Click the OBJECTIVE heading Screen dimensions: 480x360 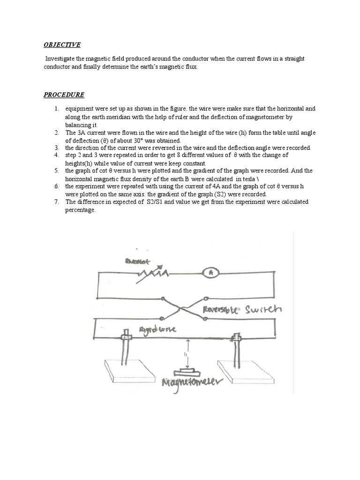[62, 45]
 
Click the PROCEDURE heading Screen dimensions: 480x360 [64, 95]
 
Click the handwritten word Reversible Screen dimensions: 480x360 [223, 310]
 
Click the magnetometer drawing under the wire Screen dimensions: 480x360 [187, 372]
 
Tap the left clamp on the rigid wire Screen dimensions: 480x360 [126, 336]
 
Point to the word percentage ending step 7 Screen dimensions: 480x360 [80, 210]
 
